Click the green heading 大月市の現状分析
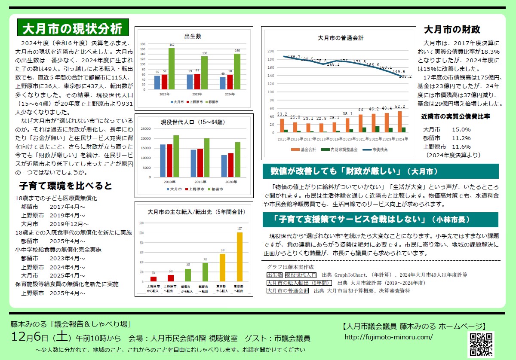click(72, 28)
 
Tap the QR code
click(481, 345)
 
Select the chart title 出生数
click(193, 37)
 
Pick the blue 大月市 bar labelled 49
click(222, 82)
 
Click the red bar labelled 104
click(154, 279)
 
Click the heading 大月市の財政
click(452, 30)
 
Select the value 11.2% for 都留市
click(461, 138)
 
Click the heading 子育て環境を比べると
click(65, 186)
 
